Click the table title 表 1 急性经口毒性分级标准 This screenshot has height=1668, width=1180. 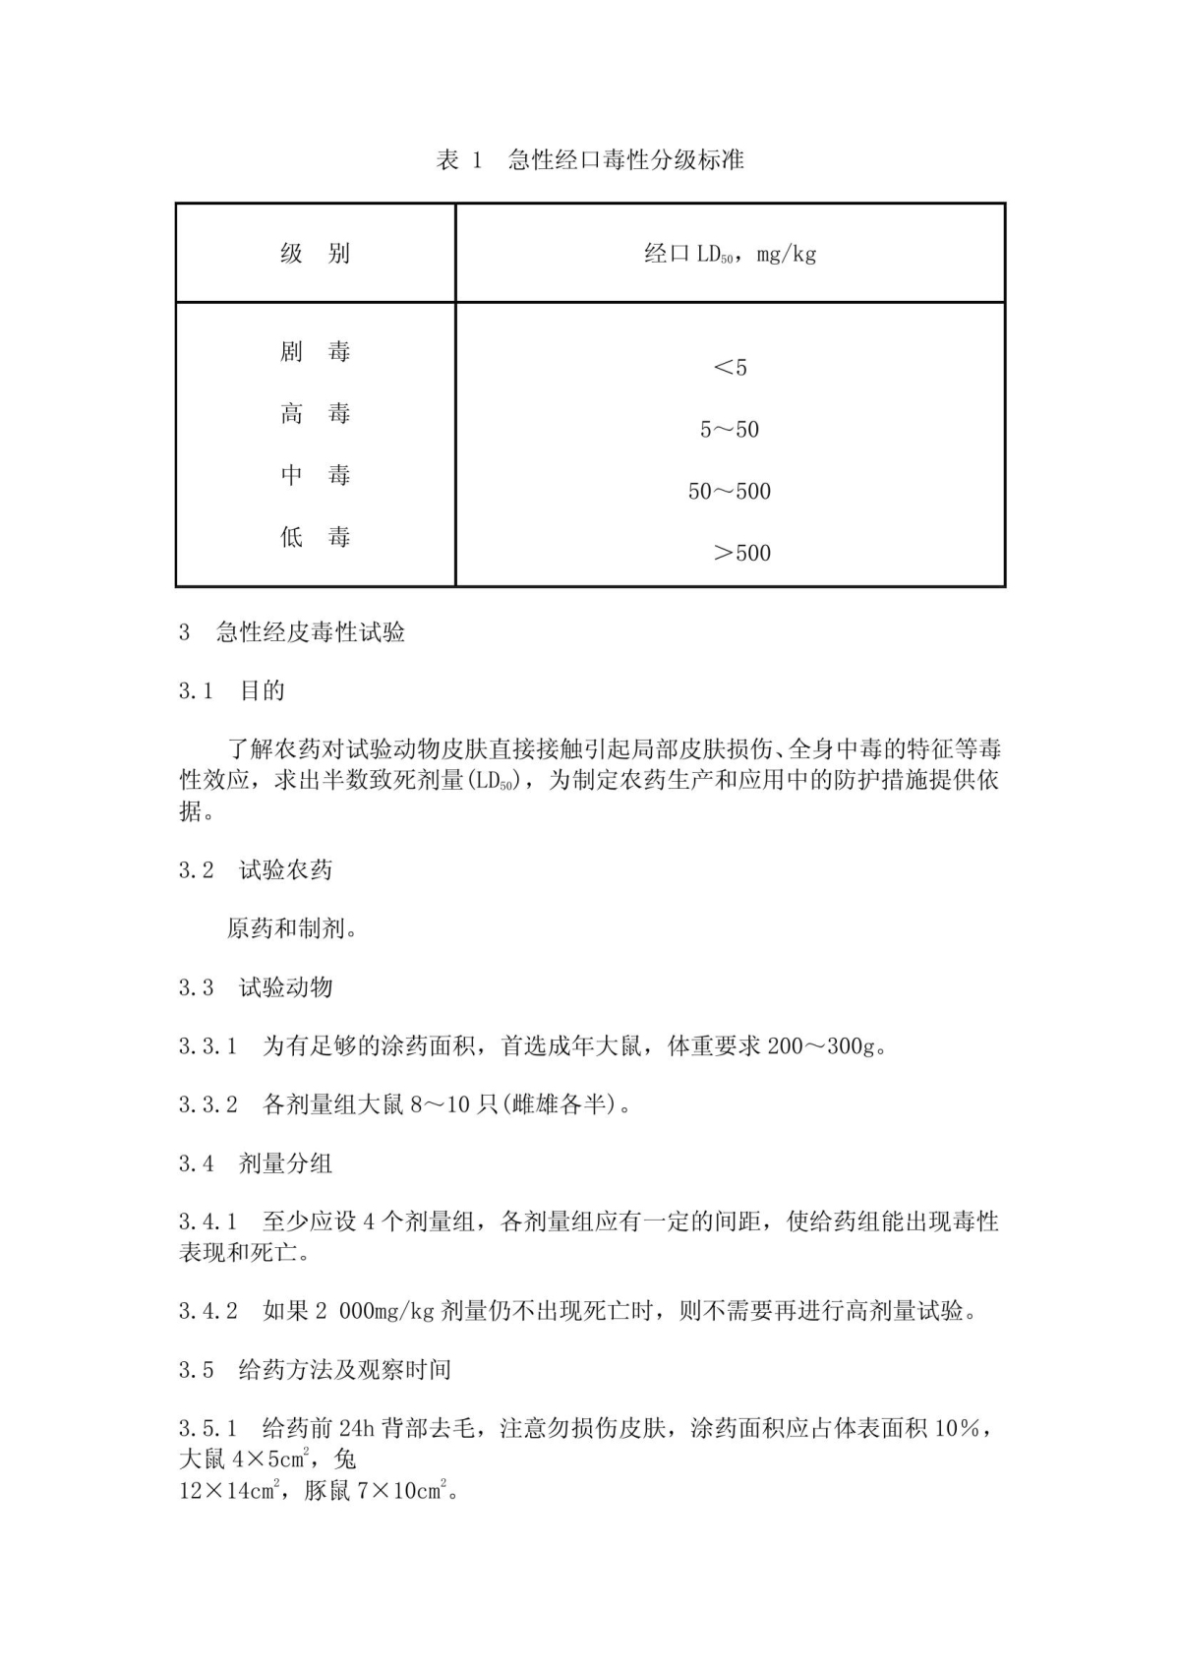pos(590,160)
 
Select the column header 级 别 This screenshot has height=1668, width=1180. pos(315,254)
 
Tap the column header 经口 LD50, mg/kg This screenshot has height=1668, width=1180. pos(730,255)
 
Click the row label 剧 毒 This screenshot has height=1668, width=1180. pos(315,352)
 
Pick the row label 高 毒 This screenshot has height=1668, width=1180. pos(315,414)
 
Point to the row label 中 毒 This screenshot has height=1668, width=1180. pos(315,476)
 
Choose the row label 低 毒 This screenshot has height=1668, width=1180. pos(315,538)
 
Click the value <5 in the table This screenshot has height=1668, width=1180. pos(730,368)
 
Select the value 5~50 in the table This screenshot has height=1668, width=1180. pos(730,430)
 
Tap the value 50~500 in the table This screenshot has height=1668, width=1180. pos(730,492)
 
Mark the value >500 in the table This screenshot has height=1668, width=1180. pos(741,554)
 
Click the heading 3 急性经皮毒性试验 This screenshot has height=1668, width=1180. pos(292,632)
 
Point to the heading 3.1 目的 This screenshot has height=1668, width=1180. pos(232,691)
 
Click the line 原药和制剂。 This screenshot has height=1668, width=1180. pos(292,928)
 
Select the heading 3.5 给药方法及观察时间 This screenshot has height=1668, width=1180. pos(315,1370)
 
